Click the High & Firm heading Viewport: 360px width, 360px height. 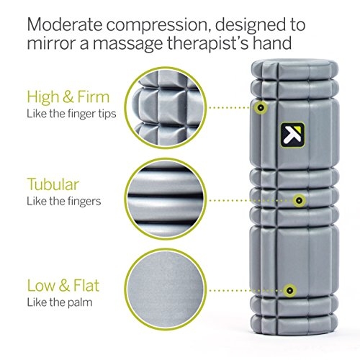coord(68,97)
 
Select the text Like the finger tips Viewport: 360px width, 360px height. coord(71,114)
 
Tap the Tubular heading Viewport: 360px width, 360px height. coord(53,184)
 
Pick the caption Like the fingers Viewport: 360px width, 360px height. coord(63,201)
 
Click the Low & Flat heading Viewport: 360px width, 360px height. coord(63,285)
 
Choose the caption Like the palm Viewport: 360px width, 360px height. coord(60,302)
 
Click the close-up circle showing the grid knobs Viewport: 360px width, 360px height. coord(166,108)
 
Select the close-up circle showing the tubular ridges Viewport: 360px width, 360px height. coord(166,199)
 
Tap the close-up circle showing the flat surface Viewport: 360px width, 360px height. coord(166,290)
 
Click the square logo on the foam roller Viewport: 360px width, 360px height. coord(292,135)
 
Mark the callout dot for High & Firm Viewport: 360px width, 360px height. coord(261,107)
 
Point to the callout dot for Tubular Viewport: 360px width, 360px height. coord(299,200)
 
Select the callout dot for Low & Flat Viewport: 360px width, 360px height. coord(290,290)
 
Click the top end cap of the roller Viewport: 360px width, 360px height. coord(294,70)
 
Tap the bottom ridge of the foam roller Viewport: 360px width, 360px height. coord(294,325)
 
